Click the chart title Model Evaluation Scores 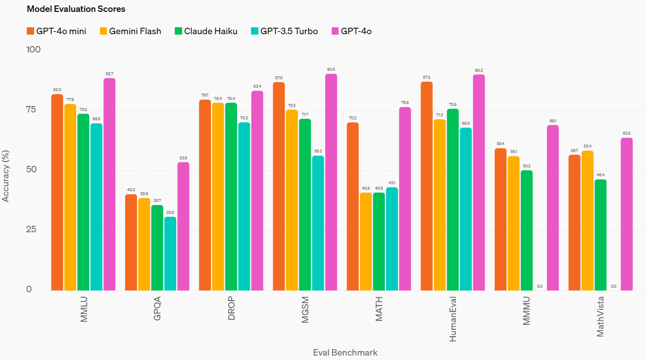click(76, 9)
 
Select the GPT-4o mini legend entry click(56, 31)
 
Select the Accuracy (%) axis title click(6, 170)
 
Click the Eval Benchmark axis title click(345, 353)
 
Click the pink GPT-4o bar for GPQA click(183, 226)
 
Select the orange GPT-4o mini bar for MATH click(352, 206)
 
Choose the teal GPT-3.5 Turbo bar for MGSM click(318, 223)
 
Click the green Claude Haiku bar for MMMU click(526, 230)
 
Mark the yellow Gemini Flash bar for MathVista click(587, 220)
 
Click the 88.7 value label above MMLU click(109, 74)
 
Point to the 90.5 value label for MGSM click(331, 70)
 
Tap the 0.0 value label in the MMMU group click(540, 286)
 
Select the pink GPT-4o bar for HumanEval click(479, 182)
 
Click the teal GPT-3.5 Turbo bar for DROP click(244, 206)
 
